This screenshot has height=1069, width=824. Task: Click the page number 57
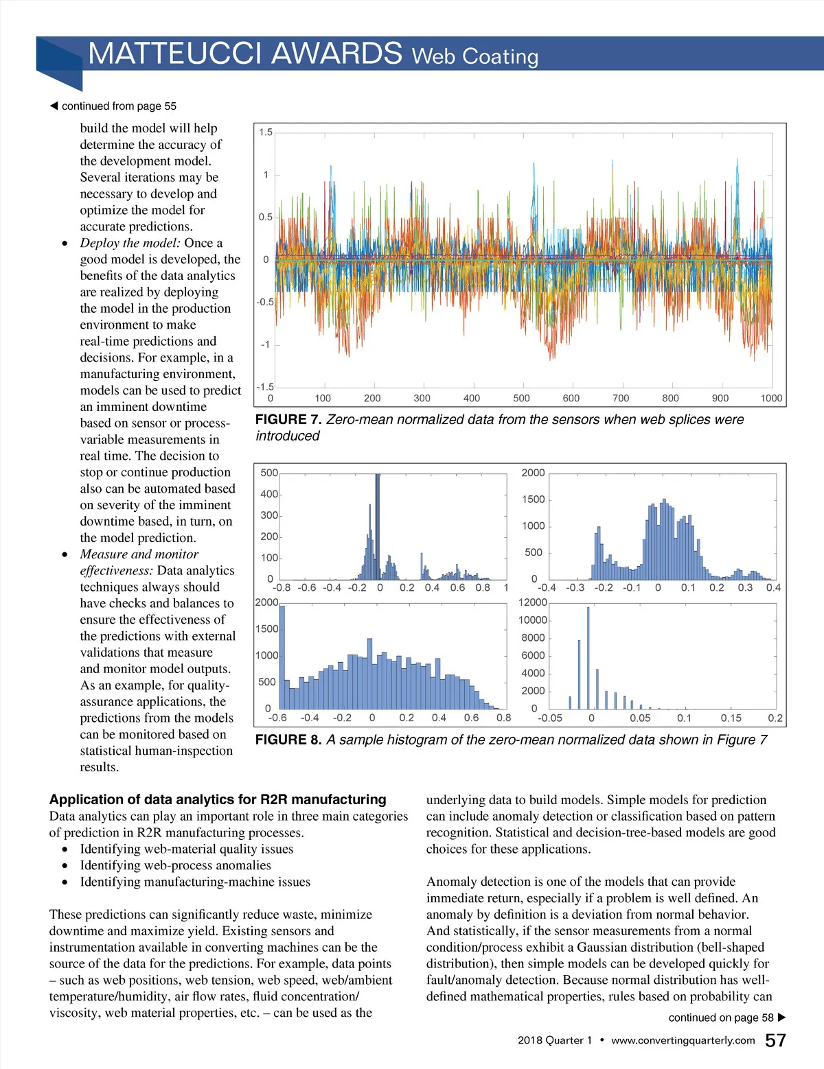pos(775,1040)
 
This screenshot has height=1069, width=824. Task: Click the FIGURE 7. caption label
pos(288,419)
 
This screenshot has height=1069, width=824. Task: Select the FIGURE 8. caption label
pos(288,740)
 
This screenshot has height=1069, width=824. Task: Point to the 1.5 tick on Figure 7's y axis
pos(266,132)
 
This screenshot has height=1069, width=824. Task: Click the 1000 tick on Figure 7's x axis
pos(771,398)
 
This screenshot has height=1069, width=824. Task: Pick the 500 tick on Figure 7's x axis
pos(521,398)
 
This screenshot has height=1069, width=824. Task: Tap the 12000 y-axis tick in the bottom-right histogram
pos(533,602)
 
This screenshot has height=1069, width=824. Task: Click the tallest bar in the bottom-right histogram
pos(588,657)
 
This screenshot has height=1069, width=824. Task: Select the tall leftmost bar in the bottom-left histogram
pos(282,657)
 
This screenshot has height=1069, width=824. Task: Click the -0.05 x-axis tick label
pos(549,718)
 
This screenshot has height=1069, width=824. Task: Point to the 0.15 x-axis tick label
pos(731,718)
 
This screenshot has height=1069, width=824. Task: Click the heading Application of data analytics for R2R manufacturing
pos(218,799)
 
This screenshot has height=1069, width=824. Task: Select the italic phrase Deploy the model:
pos(130,243)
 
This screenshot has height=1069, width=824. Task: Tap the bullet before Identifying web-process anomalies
pos(65,866)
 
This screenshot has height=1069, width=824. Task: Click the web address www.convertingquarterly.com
pos(683,1040)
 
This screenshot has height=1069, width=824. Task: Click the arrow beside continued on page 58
pos(781,1018)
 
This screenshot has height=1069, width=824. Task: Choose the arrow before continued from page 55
pos(54,106)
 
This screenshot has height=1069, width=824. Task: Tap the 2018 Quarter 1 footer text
pos(555,1040)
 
